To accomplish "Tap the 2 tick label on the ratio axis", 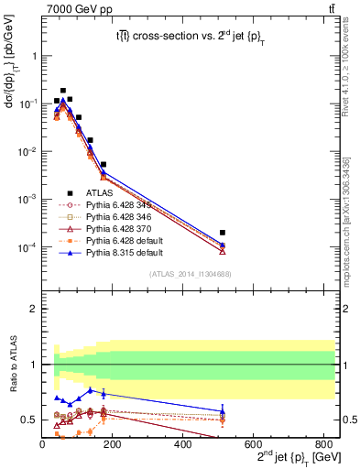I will tap(35, 309).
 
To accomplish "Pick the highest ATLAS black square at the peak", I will tap(62, 91).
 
